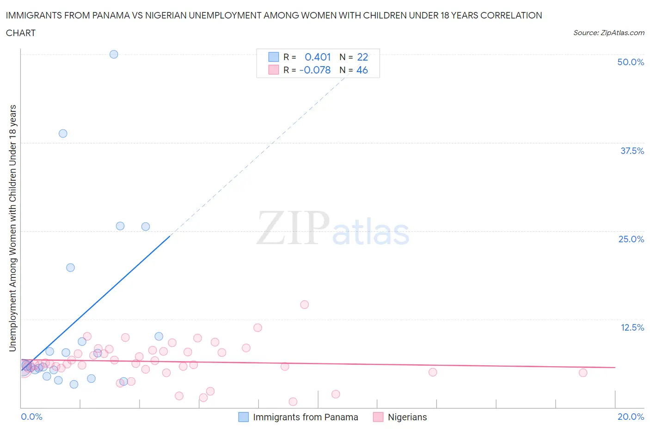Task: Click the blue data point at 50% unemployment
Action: coord(114,54)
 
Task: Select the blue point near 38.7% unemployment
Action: coord(63,134)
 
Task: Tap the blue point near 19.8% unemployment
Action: coord(70,268)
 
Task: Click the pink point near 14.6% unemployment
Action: coord(304,305)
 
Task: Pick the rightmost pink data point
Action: coord(583,373)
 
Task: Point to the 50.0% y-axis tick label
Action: coord(631,62)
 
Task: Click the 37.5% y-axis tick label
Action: coord(632,151)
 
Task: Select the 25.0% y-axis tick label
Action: coord(631,239)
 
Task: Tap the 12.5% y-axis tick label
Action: coord(632,327)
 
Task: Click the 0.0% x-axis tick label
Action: coord(31,417)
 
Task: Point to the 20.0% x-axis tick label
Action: coord(631,417)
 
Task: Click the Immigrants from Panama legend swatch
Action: coord(244,417)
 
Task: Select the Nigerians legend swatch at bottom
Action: coord(378,417)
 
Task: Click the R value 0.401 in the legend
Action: coord(318,57)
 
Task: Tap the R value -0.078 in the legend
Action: coord(315,70)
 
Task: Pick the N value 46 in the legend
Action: coord(362,70)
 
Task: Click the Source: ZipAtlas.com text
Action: coord(608,32)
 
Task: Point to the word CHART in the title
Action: coord(21,33)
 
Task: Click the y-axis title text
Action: coord(12,228)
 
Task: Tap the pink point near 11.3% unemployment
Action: coord(258,328)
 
